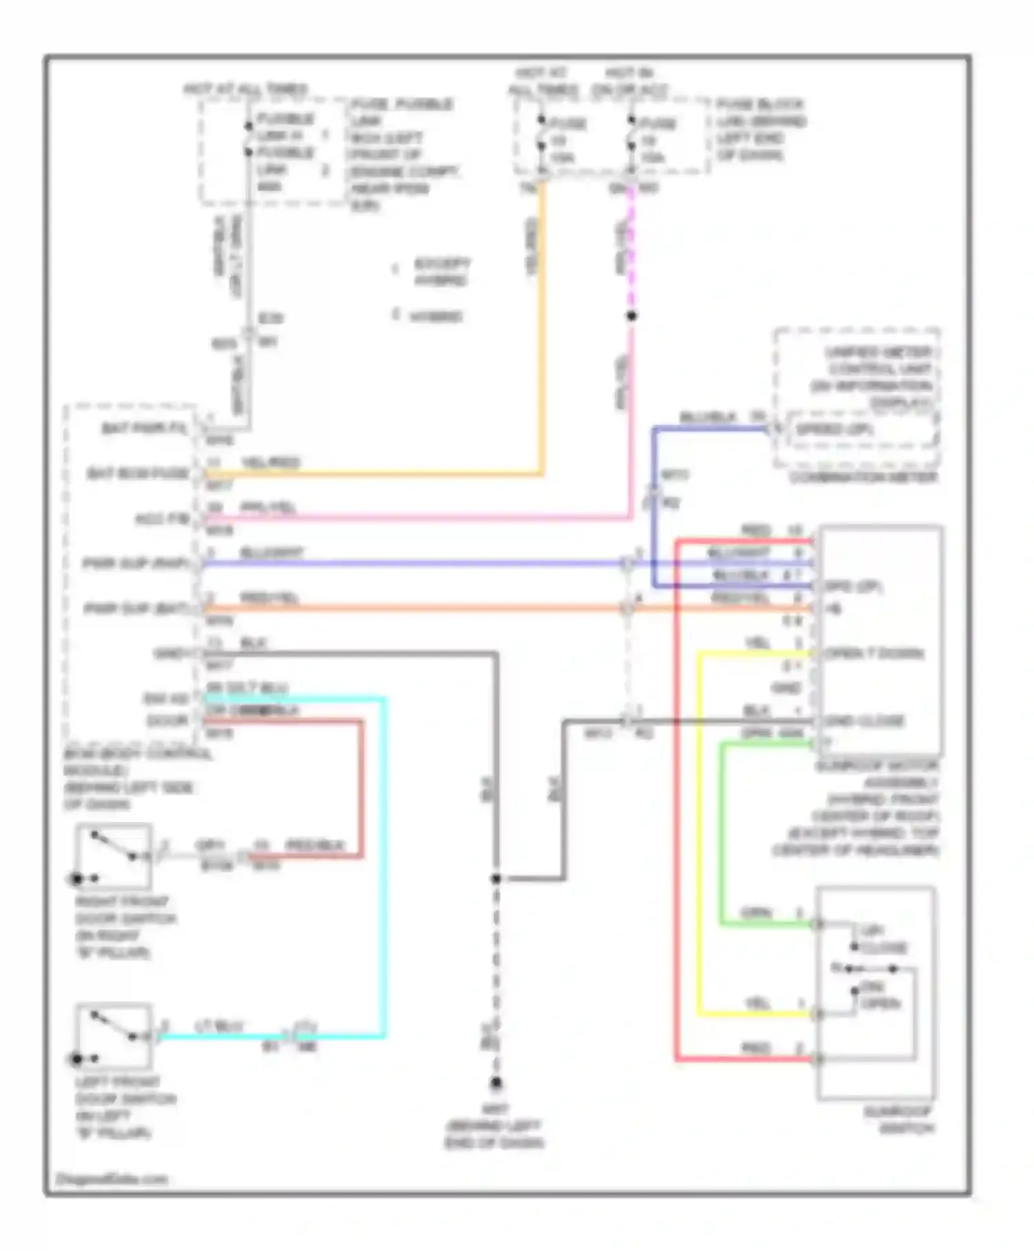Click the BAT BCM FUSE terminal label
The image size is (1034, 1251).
point(137,474)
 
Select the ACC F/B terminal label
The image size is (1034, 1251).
point(162,519)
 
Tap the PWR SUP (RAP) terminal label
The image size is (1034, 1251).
point(135,563)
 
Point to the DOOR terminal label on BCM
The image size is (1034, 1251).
point(168,721)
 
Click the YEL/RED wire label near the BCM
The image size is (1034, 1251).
point(270,462)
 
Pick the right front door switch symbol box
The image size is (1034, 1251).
point(114,856)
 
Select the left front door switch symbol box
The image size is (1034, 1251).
point(114,1035)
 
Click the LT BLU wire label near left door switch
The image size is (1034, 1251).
point(219,1026)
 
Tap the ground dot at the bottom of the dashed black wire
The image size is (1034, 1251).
point(496,1083)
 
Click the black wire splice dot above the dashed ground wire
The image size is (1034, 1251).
point(496,879)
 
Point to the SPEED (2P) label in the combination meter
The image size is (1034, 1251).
point(834,429)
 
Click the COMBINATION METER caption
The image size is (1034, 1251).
point(863,477)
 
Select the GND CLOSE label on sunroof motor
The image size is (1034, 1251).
point(864,721)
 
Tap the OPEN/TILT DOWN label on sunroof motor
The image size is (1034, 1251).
point(874,653)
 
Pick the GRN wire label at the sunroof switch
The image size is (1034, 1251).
point(756,913)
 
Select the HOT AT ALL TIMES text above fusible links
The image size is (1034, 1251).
point(245,90)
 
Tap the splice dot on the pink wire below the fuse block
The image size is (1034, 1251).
point(631,316)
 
